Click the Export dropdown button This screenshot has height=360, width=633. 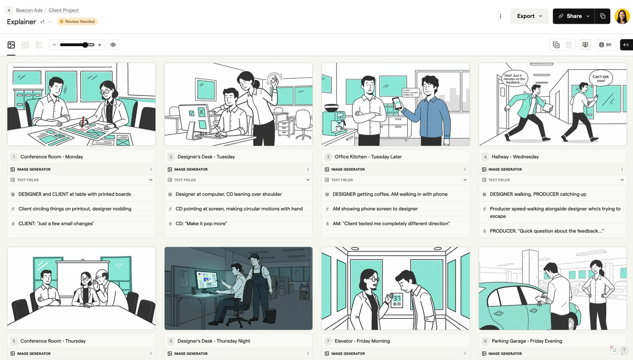click(x=529, y=16)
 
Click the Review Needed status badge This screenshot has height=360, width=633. click(x=77, y=21)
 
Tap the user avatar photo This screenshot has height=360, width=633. click(x=621, y=16)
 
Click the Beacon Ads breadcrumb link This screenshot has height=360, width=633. click(x=29, y=10)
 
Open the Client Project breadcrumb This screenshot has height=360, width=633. click(x=63, y=10)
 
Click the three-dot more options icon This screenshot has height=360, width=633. click(x=500, y=16)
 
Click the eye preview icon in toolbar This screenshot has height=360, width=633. click(x=113, y=45)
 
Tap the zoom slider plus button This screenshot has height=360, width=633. click(x=100, y=45)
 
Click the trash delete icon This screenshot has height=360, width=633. click(x=569, y=45)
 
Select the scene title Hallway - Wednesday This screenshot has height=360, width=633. click(x=515, y=157)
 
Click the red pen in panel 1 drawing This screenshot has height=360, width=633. click(x=83, y=122)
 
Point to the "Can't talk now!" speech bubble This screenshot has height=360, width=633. click(x=600, y=78)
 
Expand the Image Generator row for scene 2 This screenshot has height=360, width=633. click(x=307, y=169)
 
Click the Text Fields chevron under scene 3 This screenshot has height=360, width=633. click(x=465, y=180)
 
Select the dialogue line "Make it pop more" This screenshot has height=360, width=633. click(x=201, y=224)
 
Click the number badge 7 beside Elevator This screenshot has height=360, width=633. click(x=328, y=341)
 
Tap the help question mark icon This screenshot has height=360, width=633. click(x=624, y=350)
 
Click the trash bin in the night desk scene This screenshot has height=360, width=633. click(x=270, y=315)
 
